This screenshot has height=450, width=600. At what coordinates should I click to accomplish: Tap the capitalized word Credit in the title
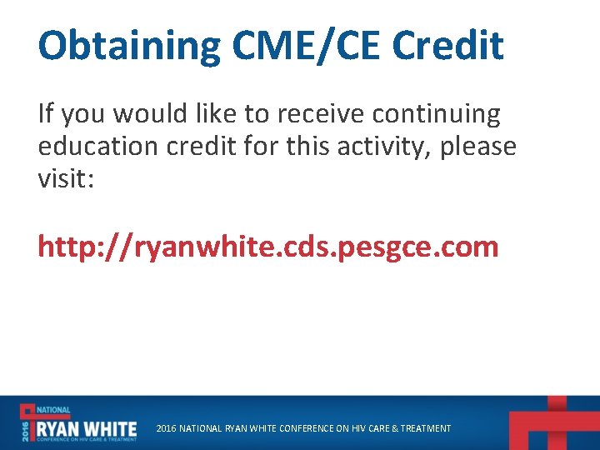pos(447,46)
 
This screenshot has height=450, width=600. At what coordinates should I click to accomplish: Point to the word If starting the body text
pos(47,113)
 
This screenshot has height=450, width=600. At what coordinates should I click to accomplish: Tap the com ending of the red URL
pos(471,247)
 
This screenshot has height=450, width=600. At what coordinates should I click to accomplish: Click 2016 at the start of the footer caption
pos(166,428)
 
